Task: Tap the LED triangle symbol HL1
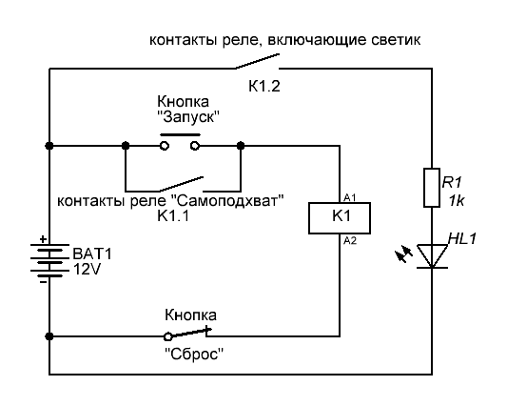[x=432, y=256]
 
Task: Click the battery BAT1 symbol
[x=49, y=260]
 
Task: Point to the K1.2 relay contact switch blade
[x=257, y=61]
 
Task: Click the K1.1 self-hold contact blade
[x=181, y=184]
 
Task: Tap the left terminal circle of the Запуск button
[x=165, y=146]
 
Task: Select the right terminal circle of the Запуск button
[x=195, y=146]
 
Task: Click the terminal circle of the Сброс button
[x=167, y=337]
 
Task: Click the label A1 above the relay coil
[x=349, y=197]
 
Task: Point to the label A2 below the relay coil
[x=350, y=240]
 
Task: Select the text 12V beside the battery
[x=87, y=269]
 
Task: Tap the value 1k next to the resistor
[x=457, y=201]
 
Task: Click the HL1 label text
[x=462, y=239]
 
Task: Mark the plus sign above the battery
[x=43, y=239]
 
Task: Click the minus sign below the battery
[x=43, y=282]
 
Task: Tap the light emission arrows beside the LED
[x=404, y=254]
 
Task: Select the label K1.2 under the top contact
[x=264, y=86]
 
